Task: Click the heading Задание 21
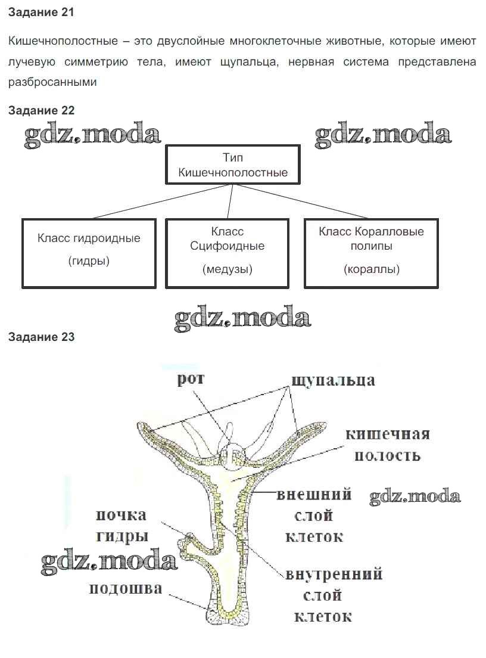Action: pos(41,12)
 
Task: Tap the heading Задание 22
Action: pos(41,110)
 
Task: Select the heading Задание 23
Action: pos(41,337)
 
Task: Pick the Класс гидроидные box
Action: pos(89,253)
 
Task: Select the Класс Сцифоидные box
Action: pos(227,253)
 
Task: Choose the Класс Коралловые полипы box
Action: pos(372,253)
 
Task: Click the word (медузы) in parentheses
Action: pos(227,269)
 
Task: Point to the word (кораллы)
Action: pos(372,269)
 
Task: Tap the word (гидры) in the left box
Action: pos(89,261)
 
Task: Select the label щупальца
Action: pos(333,380)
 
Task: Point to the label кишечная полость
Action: pos(388,445)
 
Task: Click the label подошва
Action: pos(126,589)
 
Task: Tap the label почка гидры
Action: pos(121,525)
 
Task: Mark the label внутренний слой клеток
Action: pos(334,595)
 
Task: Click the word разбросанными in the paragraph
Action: pos(52,82)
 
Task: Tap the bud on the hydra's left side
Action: pos(192,542)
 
